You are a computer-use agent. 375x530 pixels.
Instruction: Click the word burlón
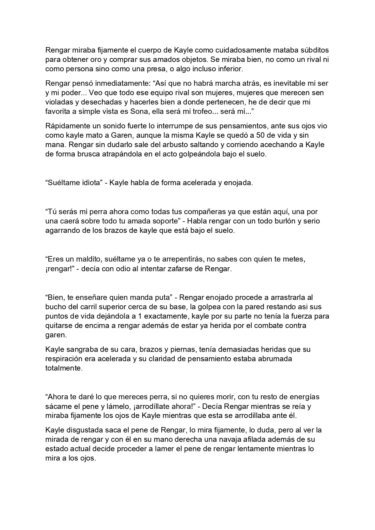click(x=282, y=221)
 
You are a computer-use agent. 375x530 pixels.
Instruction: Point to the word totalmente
click(x=64, y=368)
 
